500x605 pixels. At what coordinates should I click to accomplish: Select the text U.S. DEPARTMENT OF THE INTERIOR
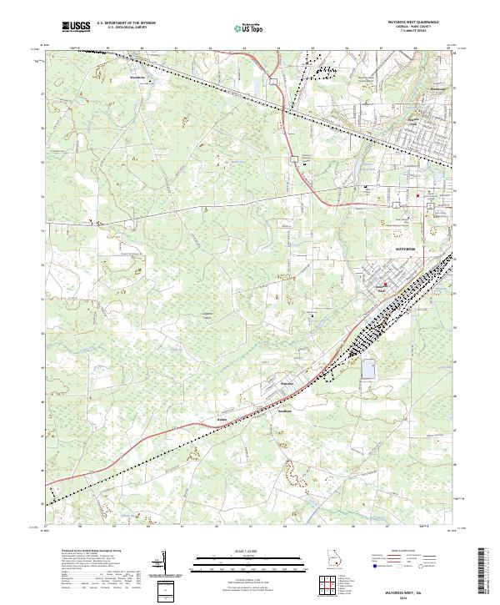click(126, 24)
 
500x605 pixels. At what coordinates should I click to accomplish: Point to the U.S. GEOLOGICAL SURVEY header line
click(122, 28)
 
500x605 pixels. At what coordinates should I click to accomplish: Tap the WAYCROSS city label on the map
click(403, 250)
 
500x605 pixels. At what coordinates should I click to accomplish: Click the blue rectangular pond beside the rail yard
click(368, 369)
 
